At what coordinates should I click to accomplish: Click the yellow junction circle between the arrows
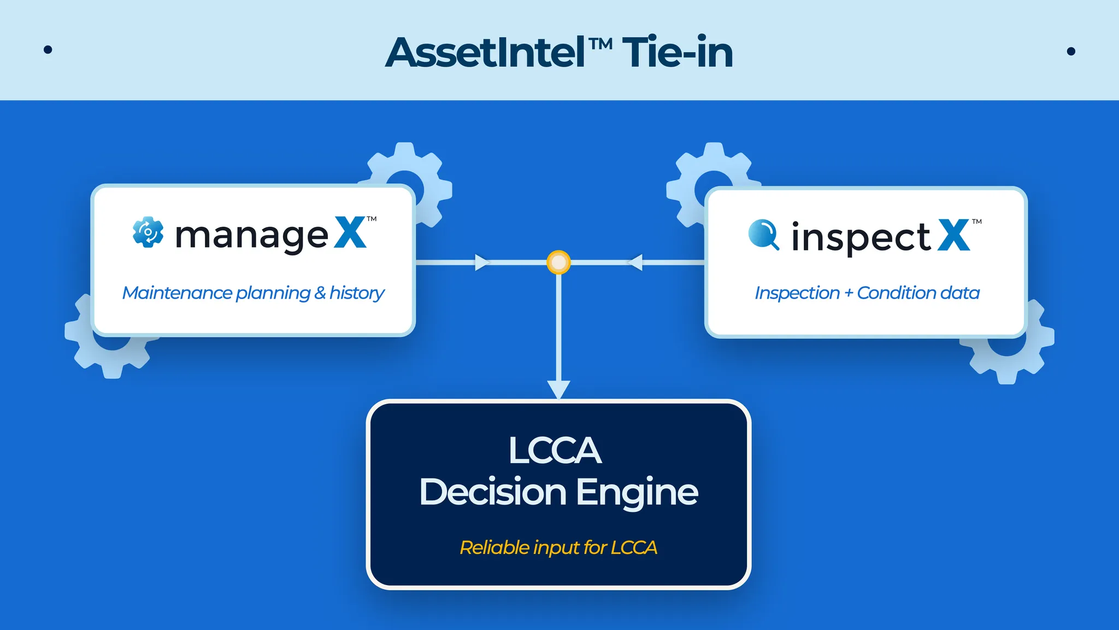pyautogui.click(x=558, y=262)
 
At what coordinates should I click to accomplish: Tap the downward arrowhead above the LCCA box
pyautogui.click(x=558, y=389)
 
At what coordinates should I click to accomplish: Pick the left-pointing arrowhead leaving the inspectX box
pyautogui.click(x=635, y=262)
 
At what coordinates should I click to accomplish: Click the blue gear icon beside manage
pyautogui.click(x=148, y=232)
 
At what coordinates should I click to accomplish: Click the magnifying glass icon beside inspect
pyautogui.click(x=763, y=235)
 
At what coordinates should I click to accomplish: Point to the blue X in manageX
pyautogui.click(x=350, y=233)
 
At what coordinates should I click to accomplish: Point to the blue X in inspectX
pyautogui.click(x=954, y=235)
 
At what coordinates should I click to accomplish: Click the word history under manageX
pyautogui.click(x=357, y=294)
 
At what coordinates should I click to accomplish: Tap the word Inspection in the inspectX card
pyautogui.click(x=797, y=293)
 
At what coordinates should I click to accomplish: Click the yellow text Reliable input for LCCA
pyautogui.click(x=558, y=547)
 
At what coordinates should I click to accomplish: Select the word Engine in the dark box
pyautogui.click(x=637, y=492)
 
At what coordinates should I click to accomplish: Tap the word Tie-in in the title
pyautogui.click(x=678, y=53)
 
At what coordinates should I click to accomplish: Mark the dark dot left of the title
pyautogui.click(x=48, y=50)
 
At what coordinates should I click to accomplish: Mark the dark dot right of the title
pyautogui.click(x=1071, y=51)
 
